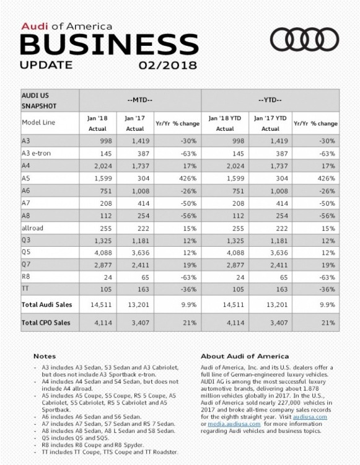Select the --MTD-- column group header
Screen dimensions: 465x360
tap(139, 99)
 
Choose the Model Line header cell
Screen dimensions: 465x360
tap(39, 122)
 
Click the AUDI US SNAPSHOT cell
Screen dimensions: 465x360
tap(39, 100)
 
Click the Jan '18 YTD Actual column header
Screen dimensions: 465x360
tap(225, 122)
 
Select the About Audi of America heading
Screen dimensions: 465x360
tap(245, 356)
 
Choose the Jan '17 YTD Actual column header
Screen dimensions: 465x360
tap(270, 122)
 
